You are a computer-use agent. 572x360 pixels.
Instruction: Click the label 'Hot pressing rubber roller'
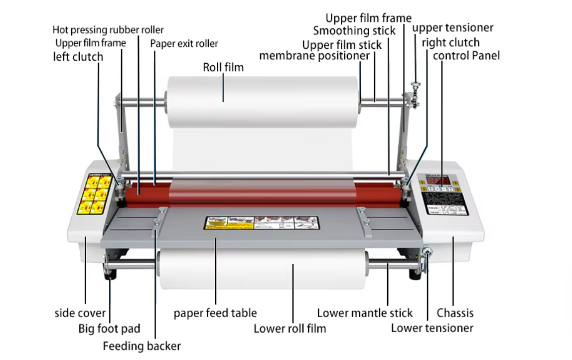coord(108,30)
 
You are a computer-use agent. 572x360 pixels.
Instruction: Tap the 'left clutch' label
coord(78,57)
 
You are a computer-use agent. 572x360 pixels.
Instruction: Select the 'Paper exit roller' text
coord(184,44)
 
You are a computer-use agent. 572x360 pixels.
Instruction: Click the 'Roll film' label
coord(223,67)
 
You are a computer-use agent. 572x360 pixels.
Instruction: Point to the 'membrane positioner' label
coord(314,56)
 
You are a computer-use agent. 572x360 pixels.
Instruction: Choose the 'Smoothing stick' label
coord(354,31)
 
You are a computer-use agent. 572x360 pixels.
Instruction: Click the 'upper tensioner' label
coord(452,27)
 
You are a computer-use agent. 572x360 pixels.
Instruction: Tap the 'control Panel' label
coord(466,55)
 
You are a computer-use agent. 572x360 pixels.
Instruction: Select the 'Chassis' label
coord(455,313)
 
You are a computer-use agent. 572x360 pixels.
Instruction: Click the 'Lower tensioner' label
coord(432,328)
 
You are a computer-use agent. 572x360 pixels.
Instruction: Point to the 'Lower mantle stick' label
coord(365,313)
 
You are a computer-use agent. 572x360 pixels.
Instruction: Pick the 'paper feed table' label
coord(215,313)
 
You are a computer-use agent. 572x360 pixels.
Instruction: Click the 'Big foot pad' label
coord(109,329)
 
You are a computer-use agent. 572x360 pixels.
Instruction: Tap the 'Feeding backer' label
coord(142,346)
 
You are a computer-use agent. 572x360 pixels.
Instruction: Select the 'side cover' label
coord(80,313)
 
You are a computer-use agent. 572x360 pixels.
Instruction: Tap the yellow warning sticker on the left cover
coord(93,194)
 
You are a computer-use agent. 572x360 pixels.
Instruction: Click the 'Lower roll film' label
coord(289,329)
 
